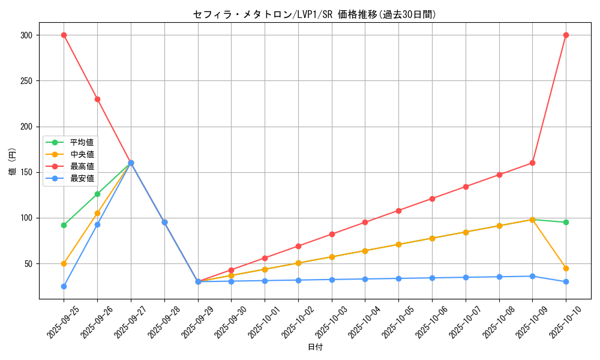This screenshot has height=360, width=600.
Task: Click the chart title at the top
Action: point(314,14)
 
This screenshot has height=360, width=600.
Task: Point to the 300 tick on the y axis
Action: point(26,35)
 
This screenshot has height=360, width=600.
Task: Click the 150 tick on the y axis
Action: point(26,172)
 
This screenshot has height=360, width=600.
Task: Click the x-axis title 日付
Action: point(315,347)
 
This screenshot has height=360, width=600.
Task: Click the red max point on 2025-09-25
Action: point(64,35)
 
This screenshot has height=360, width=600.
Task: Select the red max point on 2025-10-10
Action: point(566,35)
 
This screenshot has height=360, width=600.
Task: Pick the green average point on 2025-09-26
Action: point(97,194)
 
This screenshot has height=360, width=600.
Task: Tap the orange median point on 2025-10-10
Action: point(566,268)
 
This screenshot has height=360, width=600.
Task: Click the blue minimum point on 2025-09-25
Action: point(64,286)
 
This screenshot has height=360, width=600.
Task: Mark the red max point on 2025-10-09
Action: point(532,163)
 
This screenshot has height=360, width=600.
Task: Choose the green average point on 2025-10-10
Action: point(566,222)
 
